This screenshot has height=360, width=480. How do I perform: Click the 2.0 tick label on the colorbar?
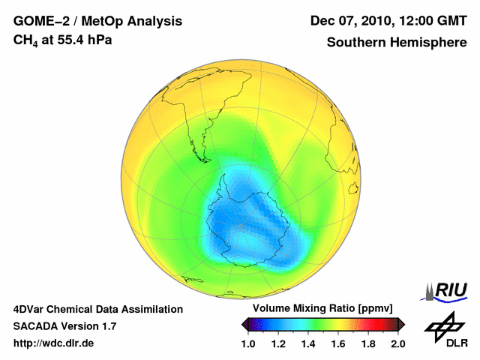[x=398, y=343]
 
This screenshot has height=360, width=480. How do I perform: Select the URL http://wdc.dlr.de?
[x=53, y=343]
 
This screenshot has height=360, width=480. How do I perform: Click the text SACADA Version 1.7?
[x=64, y=326]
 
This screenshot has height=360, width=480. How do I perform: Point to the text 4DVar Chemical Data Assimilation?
[x=97, y=309]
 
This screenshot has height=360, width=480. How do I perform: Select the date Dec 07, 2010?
[x=349, y=20]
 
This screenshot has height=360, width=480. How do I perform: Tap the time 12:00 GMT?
[x=430, y=20]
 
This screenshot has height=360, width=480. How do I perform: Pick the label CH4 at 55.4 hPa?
[x=63, y=40]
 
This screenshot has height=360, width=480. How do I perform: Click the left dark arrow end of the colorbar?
[x=245, y=324]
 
